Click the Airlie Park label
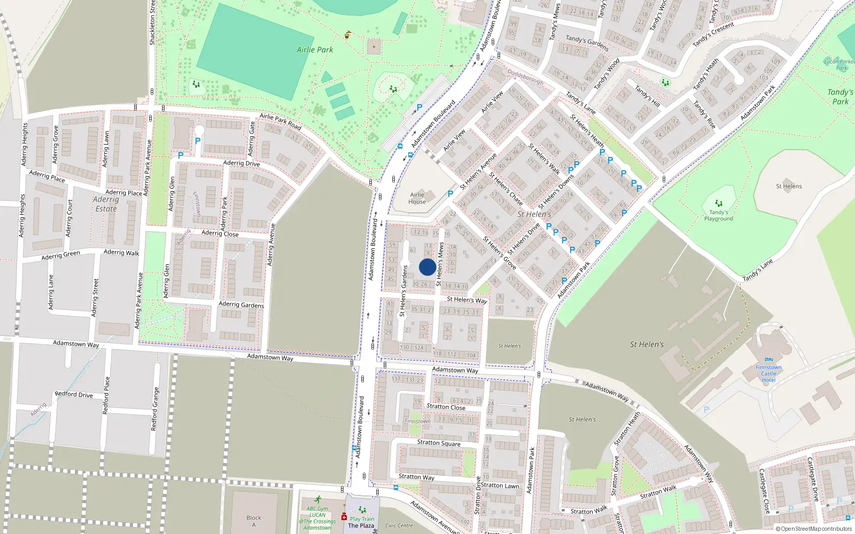tap(315, 50)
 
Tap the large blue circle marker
tap(427, 267)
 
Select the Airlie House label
tap(417, 198)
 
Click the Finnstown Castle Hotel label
tap(768, 373)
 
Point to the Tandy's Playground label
tap(719, 215)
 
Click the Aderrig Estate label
tap(106, 204)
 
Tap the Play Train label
tap(362, 519)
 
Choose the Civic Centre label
tap(399, 525)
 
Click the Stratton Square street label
tap(439, 443)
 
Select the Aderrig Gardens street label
tap(241, 304)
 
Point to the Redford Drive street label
tap(74, 395)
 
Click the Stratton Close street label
tap(446, 407)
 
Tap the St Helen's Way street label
tap(467, 300)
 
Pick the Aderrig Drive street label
tap(242, 163)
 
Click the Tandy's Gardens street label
tap(587, 43)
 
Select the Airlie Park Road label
tap(281, 122)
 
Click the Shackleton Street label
tap(152, 22)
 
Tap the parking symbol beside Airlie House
tap(450, 194)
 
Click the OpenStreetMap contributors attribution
tap(814, 529)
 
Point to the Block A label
tap(254, 521)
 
